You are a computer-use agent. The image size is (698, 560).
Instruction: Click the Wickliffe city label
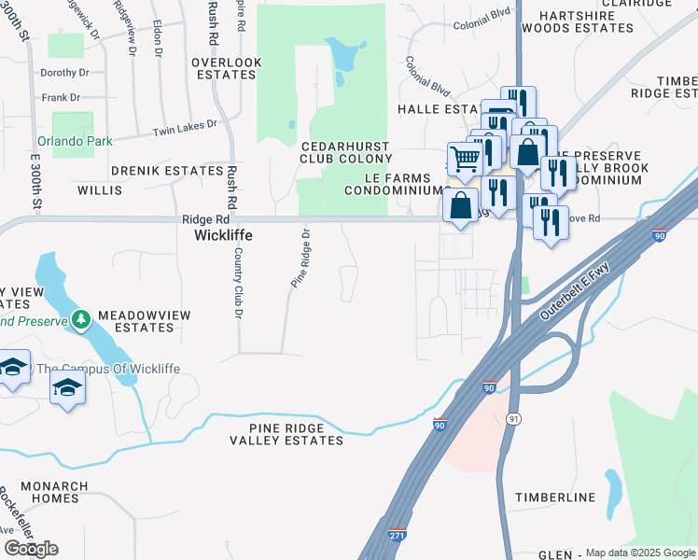click(x=224, y=236)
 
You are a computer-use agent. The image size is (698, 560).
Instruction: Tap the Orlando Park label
click(x=75, y=142)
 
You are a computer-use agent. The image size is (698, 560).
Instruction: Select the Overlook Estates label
click(x=226, y=69)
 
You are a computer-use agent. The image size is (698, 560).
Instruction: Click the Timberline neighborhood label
click(x=555, y=497)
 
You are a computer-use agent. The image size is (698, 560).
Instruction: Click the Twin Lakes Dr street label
click(x=185, y=123)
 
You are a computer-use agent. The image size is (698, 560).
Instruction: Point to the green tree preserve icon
click(x=82, y=320)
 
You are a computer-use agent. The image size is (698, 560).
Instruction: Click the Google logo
click(x=31, y=548)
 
